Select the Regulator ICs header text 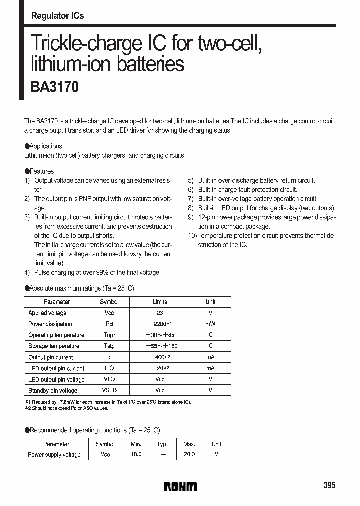point(57,16)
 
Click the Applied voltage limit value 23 point(159,313)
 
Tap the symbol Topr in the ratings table point(109,335)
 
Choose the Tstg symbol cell point(109,346)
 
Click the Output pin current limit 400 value point(159,357)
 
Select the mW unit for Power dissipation point(210,324)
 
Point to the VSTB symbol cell point(109,390)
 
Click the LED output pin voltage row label point(56,379)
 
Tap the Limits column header point(159,302)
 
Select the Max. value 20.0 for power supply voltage point(189,455)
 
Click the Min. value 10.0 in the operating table point(136,455)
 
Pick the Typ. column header point(162,444)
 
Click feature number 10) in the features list point(192,236)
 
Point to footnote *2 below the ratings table point(28,408)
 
